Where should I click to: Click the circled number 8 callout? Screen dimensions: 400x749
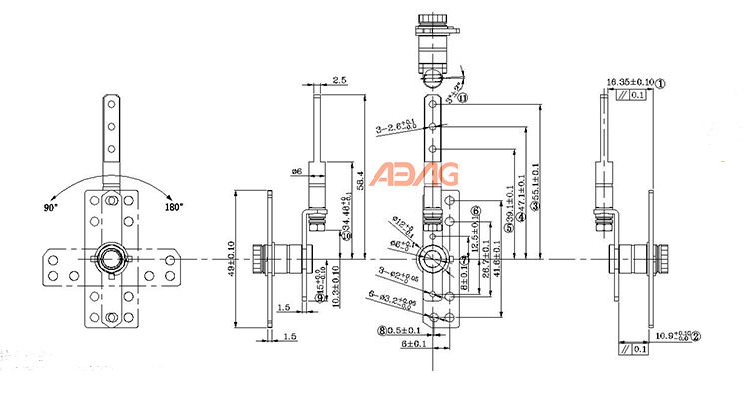pos(382,329)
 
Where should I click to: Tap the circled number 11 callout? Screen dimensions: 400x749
pos(463,98)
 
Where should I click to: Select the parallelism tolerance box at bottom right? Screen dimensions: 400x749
pos(634,350)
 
